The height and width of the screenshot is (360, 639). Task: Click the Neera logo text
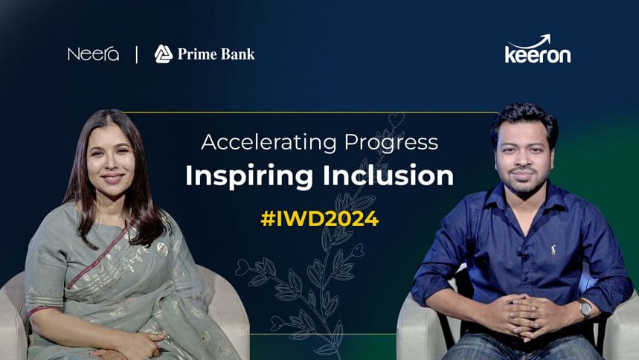pos(93,54)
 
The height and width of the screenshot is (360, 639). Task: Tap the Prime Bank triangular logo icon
pos(164,54)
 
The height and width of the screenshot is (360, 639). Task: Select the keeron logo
pos(538,49)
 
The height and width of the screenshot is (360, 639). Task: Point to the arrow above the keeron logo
pos(530,42)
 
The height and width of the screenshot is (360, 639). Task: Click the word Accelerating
pos(269,143)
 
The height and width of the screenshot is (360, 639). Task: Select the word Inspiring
pos(249,176)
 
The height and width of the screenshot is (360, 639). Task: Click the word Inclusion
pos(388,176)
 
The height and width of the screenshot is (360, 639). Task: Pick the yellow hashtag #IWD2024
pos(320,219)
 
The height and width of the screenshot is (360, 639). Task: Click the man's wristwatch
pos(585,308)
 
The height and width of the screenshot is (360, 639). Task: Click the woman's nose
pos(110,164)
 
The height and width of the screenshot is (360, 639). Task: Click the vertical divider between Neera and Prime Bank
pos(137,54)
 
